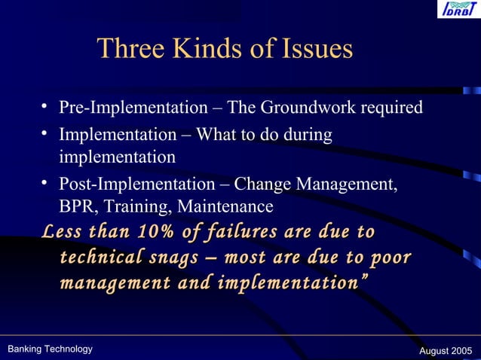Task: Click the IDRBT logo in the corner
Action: (457, 10)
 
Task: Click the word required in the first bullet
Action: (391, 108)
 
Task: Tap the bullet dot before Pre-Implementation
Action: (46, 108)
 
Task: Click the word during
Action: (307, 136)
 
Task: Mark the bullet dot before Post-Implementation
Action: (46, 185)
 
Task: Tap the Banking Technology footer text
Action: (50, 349)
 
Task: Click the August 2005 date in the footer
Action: (445, 351)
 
